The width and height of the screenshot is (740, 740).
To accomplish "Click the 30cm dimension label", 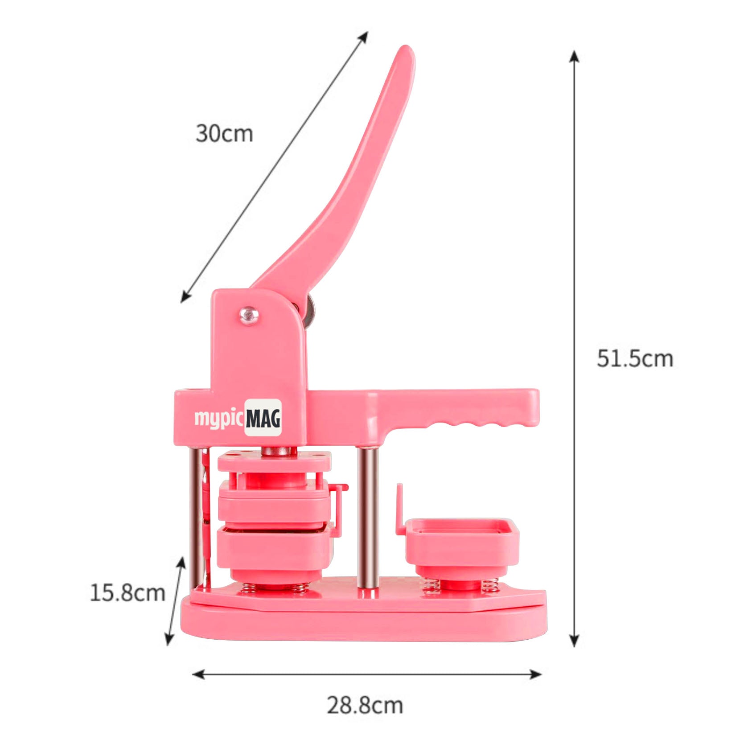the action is (224, 133).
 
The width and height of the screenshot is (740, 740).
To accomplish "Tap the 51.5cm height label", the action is (634, 358).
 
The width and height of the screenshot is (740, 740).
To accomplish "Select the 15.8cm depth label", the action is (127, 593).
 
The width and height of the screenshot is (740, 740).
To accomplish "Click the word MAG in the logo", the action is (263, 419).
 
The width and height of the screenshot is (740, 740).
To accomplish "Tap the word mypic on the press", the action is (219, 419).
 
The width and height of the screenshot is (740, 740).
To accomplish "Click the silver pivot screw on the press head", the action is (248, 315).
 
